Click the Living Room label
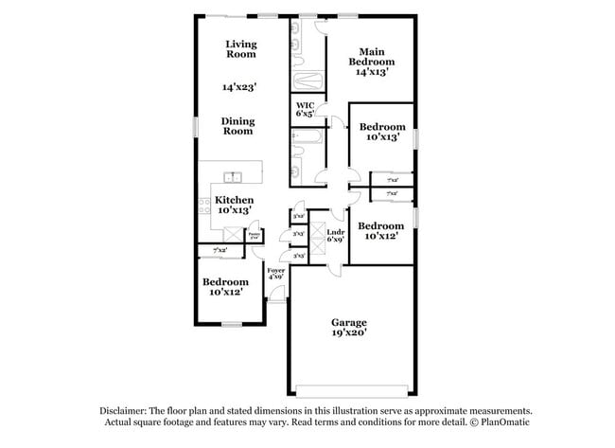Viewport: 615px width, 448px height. pos(241,49)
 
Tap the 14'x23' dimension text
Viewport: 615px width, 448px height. pos(240,87)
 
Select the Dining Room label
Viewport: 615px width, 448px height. pos(238,126)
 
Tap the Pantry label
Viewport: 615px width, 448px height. pos(254,234)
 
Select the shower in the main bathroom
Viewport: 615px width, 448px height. pos(307,81)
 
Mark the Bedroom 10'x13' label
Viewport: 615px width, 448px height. pos(382,132)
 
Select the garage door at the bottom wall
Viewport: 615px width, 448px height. pos(352,389)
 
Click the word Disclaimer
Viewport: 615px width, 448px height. pos(131,411)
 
